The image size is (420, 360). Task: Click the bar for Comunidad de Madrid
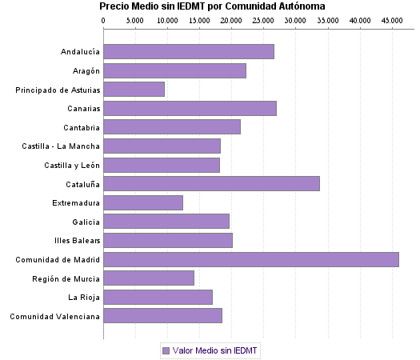click(250, 259)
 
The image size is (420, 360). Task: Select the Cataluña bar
click(211, 184)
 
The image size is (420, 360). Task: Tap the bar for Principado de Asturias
click(134, 90)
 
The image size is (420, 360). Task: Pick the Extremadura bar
click(143, 203)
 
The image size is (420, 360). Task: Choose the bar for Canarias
click(190, 108)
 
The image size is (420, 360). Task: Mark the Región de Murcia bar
click(149, 278)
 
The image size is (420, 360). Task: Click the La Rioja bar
click(158, 298)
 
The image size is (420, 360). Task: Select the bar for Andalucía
click(189, 52)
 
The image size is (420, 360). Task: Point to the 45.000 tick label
click(391, 20)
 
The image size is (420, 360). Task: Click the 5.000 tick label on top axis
click(135, 20)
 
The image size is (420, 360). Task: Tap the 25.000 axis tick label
click(263, 20)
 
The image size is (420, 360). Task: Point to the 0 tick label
click(104, 20)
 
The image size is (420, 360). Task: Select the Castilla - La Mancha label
click(61, 146)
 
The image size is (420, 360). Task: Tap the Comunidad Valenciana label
click(54, 317)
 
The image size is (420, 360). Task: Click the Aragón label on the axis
click(85, 71)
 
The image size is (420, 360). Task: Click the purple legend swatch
click(166, 350)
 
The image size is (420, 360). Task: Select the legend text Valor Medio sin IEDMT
click(216, 350)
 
